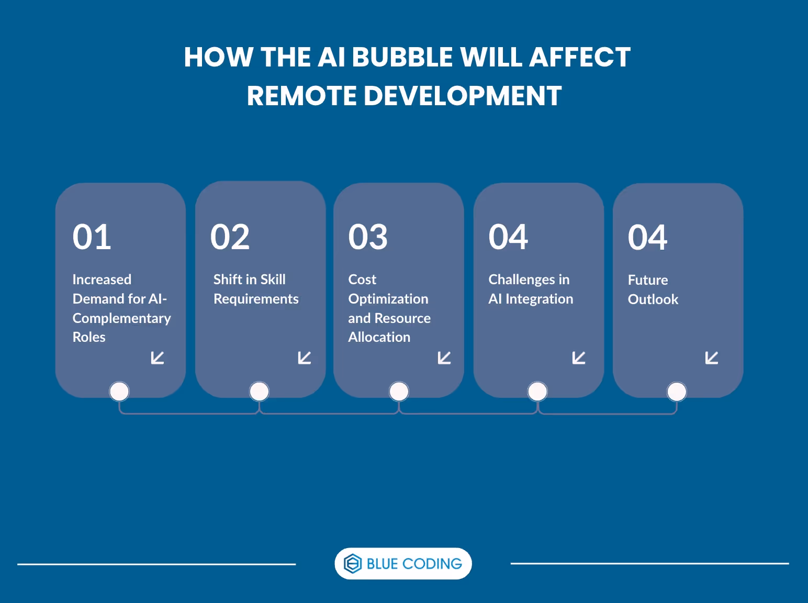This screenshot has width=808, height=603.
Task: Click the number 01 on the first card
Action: (92, 237)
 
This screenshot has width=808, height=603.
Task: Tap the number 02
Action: (230, 237)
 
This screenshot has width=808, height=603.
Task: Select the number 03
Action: (368, 237)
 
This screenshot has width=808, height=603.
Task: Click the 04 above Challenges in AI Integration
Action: (508, 237)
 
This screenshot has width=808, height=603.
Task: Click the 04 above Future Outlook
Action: (647, 238)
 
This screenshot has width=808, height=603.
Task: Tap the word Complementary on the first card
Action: (121, 318)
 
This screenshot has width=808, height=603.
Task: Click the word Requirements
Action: (256, 299)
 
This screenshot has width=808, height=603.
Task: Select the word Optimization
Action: (388, 299)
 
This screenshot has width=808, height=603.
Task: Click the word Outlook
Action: (653, 299)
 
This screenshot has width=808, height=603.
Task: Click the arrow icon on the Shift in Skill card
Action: (305, 358)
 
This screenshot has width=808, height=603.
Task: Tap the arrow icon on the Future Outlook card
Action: (712, 358)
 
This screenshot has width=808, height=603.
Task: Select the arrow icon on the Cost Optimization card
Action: (444, 358)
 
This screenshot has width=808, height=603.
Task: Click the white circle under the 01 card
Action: (119, 391)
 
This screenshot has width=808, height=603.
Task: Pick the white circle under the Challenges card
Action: (537, 391)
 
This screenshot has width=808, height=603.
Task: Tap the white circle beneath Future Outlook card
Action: (677, 392)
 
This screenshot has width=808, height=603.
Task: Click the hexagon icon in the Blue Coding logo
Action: (353, 564)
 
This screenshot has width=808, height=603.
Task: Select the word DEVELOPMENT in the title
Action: (462, 96)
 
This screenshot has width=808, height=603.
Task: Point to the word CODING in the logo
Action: (432, 564)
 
